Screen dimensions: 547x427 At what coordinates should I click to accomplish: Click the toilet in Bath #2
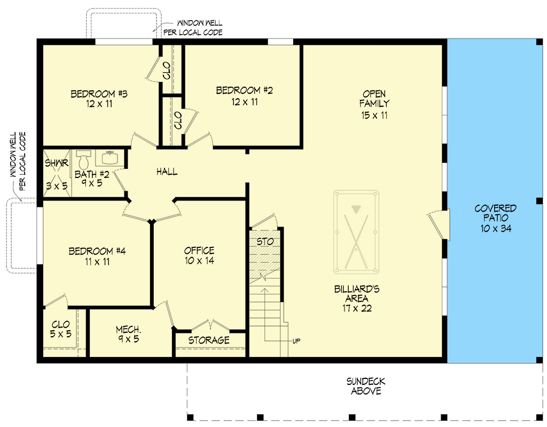click(83, 160)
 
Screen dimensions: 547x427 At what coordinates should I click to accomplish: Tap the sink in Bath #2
click(110, 158)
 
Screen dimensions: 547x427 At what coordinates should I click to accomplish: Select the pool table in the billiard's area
click(356, 232)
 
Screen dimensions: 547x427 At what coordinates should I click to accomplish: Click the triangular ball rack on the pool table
click(356, 209)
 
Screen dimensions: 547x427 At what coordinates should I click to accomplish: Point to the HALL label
click(167, 172)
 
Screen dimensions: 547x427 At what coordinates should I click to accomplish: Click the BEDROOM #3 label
click(99, 94)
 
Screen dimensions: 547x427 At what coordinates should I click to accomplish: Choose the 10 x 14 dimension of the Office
click(199, 260)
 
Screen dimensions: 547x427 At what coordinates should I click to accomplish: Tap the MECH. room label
click(128, 329)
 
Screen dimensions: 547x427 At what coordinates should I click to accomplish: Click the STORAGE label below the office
click(209, 340)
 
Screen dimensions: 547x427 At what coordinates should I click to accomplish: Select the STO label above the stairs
click(265, 241)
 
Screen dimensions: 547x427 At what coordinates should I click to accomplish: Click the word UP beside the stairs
click(296, 341)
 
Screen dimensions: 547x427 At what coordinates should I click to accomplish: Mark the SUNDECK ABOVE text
click(366, 386)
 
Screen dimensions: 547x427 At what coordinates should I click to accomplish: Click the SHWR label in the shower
click(57, 163)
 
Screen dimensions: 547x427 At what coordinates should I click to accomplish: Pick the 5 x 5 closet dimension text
click(61, 334)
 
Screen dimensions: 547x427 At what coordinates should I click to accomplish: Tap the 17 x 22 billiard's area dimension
click(357, 308)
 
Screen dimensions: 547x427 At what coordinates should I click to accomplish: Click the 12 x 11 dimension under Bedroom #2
click(244, 102)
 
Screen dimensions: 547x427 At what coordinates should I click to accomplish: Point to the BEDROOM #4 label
click(97, 251)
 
